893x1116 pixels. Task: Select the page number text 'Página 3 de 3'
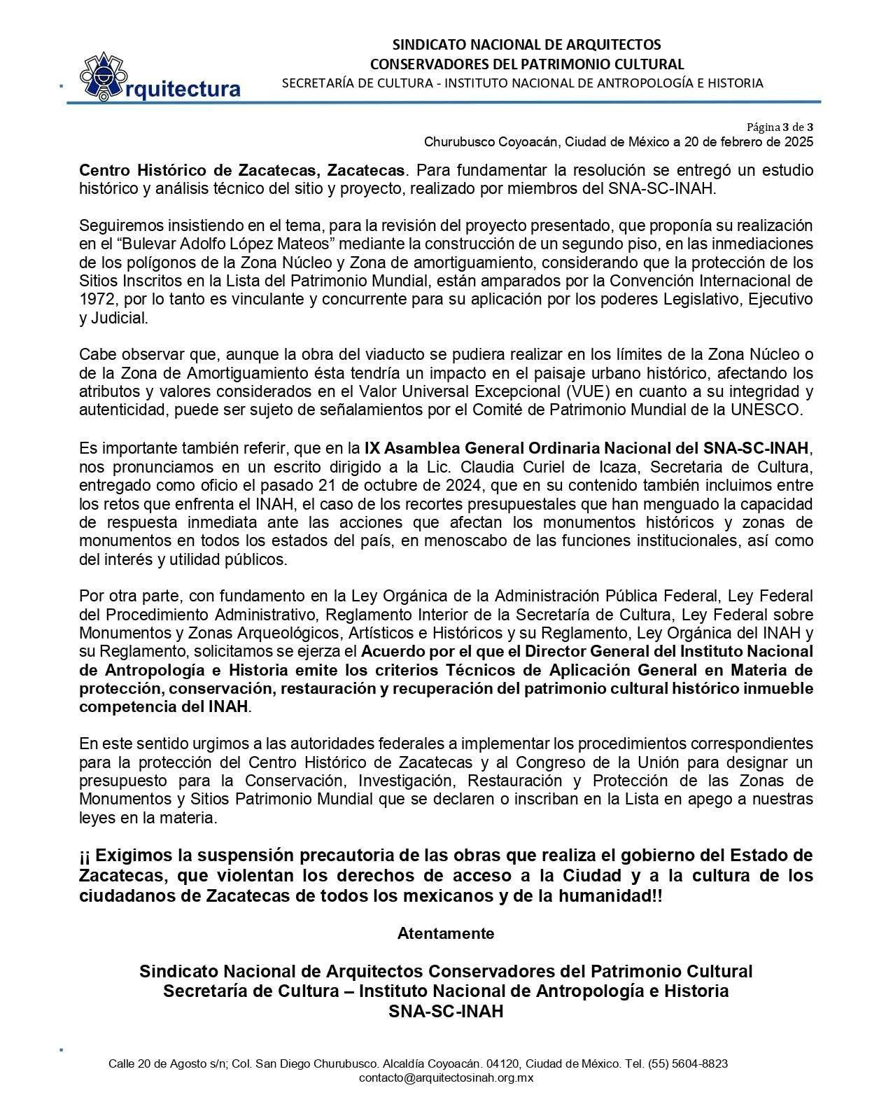[x=780, y=127]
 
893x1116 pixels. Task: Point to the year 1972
[x=94, y=300]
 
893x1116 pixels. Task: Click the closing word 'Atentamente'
[x=446, y=933]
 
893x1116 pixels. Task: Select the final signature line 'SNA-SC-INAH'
[x=446, y=1011]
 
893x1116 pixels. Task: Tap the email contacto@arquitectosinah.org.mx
[x=446, y=1078]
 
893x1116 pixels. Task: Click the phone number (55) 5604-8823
[x=688, y=1063]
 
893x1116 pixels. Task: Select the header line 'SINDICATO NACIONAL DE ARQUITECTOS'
[x=526, y=45]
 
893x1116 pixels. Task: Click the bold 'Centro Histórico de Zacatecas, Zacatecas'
[x=241, y=170]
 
